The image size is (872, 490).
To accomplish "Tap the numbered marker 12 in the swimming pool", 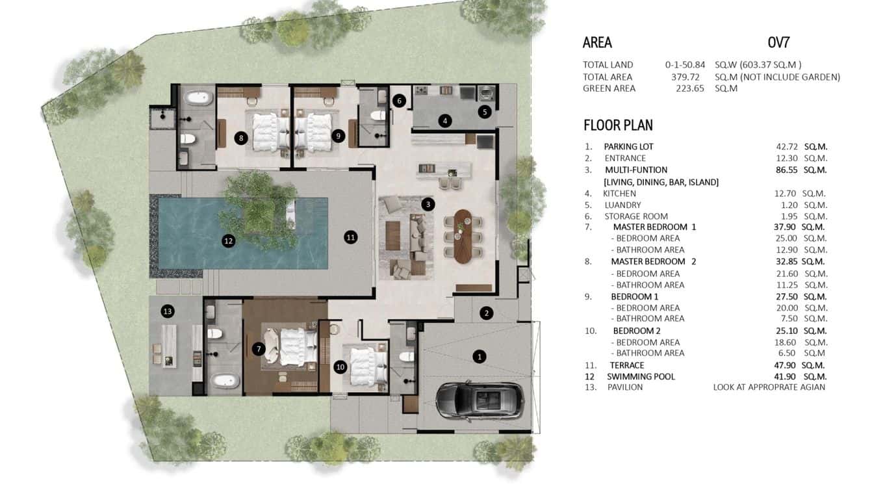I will click(228, 240).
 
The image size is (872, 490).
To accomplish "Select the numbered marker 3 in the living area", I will click(428, 204).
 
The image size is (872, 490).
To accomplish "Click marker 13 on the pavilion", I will click(168, 312).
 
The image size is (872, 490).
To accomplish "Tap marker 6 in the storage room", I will click(400, 101).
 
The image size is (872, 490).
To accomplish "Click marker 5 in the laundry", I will click(484, 112).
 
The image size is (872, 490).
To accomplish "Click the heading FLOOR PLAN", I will click(618, 125).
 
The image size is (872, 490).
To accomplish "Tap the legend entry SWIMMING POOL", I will click(640, 376).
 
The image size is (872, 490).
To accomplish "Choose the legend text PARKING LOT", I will click(628, 147).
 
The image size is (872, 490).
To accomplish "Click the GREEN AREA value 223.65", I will click(690, 88).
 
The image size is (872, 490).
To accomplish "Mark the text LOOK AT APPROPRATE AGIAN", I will click(769, 387).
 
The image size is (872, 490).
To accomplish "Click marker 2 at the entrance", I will click(487, 313).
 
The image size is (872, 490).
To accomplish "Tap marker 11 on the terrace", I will click(351, 237).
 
